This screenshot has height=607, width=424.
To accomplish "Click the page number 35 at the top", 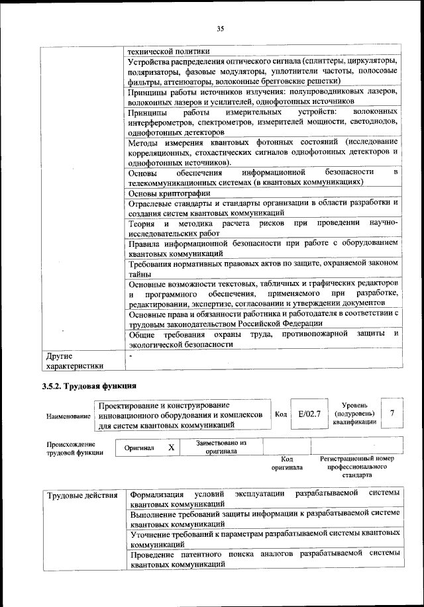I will point(221,28).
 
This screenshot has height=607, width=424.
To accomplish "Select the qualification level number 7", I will point(393,413).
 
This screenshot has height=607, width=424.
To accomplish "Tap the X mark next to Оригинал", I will point(171,447).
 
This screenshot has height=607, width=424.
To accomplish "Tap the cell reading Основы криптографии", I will point(170,193).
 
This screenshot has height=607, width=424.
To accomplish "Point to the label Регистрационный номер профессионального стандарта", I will point(356,466).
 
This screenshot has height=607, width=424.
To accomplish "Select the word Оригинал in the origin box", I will point(139,448).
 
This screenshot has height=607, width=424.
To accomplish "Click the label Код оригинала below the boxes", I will point(287,462).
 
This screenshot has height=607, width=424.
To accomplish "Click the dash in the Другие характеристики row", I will point(132,355).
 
